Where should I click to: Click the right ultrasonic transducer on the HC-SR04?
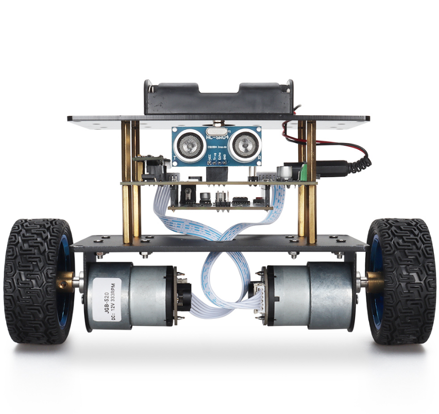click(243, 144)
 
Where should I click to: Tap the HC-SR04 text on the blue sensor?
click(216, 136)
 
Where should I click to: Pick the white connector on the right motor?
click(256, 296)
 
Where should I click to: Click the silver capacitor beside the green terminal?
click(284, 171)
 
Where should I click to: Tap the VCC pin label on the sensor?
click(209, 158)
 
